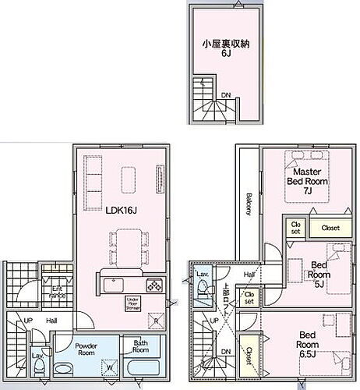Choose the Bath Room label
click(x=140, y=346)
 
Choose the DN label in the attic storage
click(x=225, y=97)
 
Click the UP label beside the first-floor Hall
click(x=28, y=321)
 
